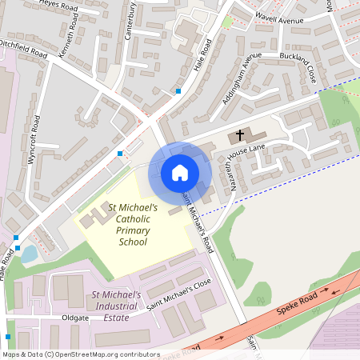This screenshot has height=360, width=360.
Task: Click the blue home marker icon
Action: (179, 173)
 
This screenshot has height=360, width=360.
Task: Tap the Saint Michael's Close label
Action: (180, 296)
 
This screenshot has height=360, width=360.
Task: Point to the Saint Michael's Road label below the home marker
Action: (198, 220)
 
